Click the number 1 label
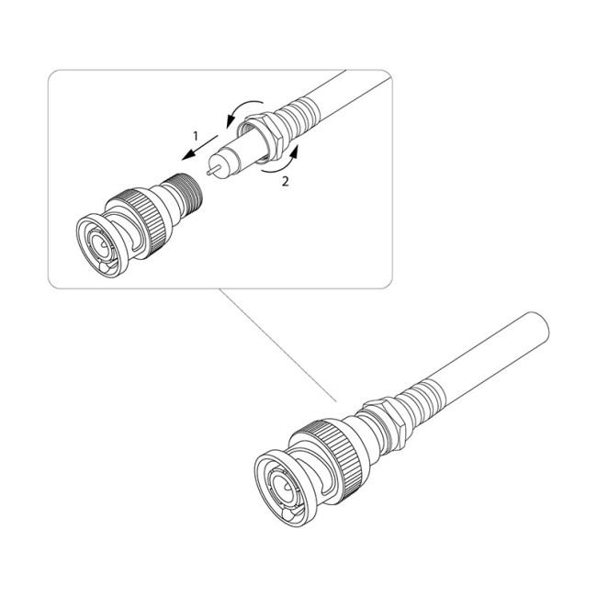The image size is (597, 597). (196, 136)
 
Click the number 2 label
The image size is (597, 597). (285, 181)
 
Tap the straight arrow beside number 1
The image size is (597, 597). (199, 147)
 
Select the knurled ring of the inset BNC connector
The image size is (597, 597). (142, 220)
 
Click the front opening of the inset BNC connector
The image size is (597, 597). (100, 245)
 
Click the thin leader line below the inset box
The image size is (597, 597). (277, 345)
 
